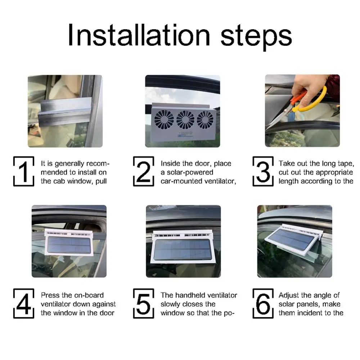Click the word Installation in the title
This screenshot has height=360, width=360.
click(139, 35)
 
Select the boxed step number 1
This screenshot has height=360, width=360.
click(24, 171)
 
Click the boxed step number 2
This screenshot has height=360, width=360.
click(144, 171)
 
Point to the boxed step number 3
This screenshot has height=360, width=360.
click(263, 171)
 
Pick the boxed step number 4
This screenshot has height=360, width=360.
click(24, 303)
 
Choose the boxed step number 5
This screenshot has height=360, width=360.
click(144, 303)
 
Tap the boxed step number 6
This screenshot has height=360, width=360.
click(263, 303)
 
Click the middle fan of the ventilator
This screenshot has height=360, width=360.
click(185, 120)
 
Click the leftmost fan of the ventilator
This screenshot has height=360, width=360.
click(164, 120)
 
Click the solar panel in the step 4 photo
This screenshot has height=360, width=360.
click(69, 245)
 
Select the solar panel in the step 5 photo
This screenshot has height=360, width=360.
click(183, 249)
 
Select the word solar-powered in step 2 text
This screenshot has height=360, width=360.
click(187, 173)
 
